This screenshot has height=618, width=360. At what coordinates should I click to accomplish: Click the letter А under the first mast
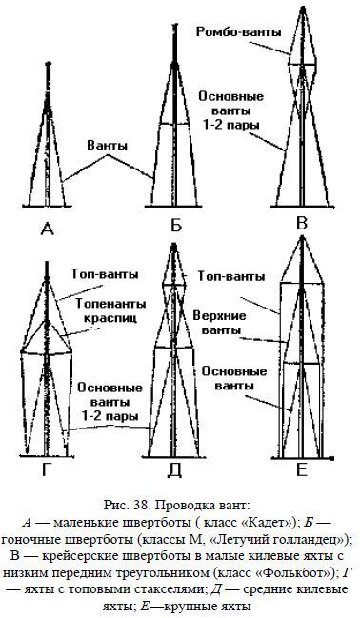point(47,227)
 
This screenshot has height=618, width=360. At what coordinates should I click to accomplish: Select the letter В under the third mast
point(303,225)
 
